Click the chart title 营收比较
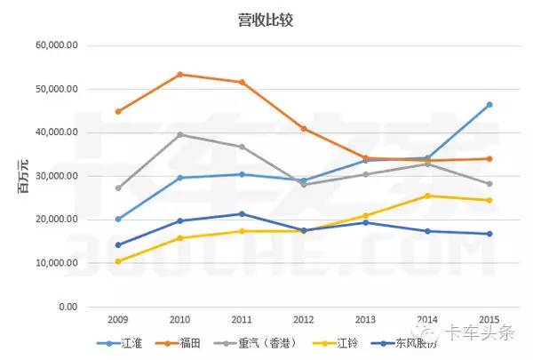tap(266, 19)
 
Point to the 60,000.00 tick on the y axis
tap(56, 45)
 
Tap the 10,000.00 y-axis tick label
tap(56, 263)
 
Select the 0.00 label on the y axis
tap(68, 307)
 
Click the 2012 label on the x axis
tap(304, 320)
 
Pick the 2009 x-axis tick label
tap(117, 320)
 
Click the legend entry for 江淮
tap(126, 341)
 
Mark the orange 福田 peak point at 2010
tap(179, 74)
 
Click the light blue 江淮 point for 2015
tap(489, 105)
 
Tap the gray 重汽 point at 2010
tap(179, 134)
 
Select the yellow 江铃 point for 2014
tap(427, 196)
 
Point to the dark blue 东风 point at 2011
tap(242, 213)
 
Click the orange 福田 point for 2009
tap(118, 111)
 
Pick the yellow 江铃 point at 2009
tap(118, 261)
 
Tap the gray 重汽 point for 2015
tap(489, 184)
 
